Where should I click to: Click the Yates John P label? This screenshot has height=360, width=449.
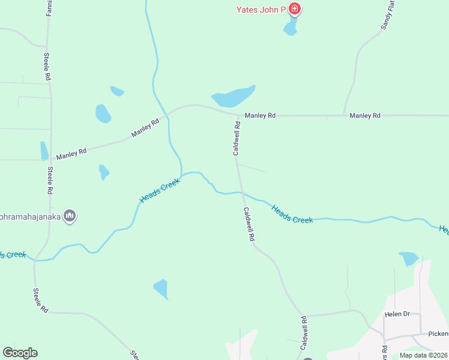pos(261,9)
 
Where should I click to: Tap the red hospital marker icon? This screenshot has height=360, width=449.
pos(294,8)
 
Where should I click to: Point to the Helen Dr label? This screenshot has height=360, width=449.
pos(397,314)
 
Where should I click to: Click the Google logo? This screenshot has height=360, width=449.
pos(20,353)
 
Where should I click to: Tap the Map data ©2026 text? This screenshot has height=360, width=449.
pos(423,355)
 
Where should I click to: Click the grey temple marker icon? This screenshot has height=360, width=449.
pos(70,216)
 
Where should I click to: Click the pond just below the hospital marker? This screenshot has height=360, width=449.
pos(291,26)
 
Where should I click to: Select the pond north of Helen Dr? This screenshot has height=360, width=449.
pos(408,258)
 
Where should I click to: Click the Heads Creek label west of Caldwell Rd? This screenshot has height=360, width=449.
pos(160,190)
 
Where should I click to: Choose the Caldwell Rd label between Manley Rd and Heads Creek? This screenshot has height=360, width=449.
pos(237,139)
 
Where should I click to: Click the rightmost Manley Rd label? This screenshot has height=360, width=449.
pos(365,115)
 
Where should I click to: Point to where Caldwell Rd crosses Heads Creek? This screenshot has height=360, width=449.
pos(241,193)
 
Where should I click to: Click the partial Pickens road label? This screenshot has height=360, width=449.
pos(438,334)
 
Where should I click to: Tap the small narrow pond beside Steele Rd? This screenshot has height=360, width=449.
pos(44,151)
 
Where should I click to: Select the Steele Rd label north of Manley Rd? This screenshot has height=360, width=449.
pos(46,67)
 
